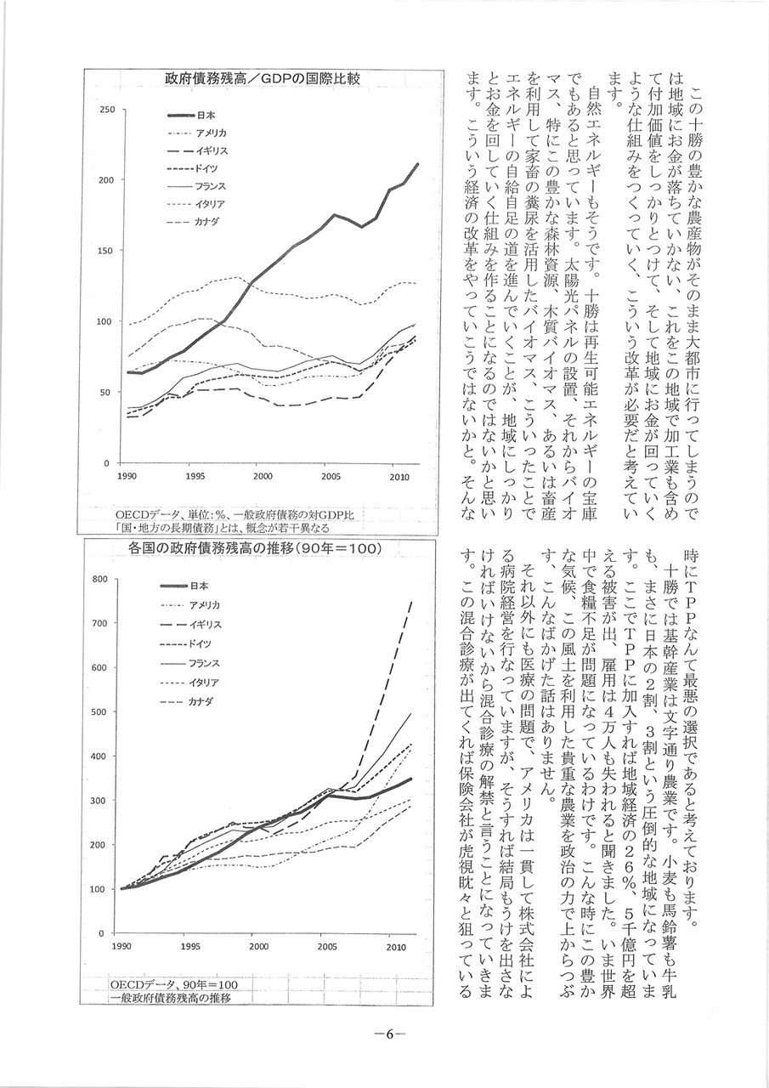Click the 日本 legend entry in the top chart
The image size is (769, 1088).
point(205,115)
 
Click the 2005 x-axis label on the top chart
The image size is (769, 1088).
point(331,477)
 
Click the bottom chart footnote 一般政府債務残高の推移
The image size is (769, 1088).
point(171,997)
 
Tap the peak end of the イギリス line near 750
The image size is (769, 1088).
point(412,602)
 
